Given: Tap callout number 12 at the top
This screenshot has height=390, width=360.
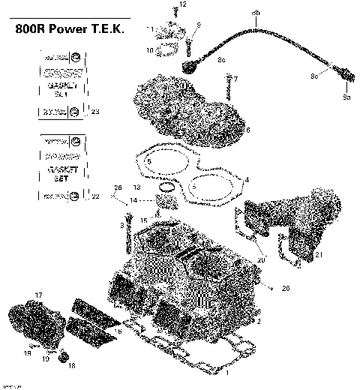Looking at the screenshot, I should (x=182, y=5).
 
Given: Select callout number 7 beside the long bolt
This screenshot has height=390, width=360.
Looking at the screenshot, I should (x=235, y=79).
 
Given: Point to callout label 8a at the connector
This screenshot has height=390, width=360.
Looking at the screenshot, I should (x=346, y=97).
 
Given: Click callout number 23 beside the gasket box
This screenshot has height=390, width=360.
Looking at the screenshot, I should (x=94, y=112).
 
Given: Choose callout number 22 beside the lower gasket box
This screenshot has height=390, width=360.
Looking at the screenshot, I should (x=94, y=196).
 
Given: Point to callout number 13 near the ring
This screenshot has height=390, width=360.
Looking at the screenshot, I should (x=137, y=186).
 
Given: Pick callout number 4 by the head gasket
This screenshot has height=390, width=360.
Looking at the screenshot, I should (x=246, y=180).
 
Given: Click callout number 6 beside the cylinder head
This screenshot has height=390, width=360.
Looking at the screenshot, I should (x=247, y=130).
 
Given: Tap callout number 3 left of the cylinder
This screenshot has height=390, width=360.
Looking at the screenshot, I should (x=121, y=225).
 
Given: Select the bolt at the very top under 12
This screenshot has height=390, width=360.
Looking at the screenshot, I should (x=175, y=12).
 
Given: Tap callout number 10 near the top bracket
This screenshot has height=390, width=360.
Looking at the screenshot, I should (x=150, y=51).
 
